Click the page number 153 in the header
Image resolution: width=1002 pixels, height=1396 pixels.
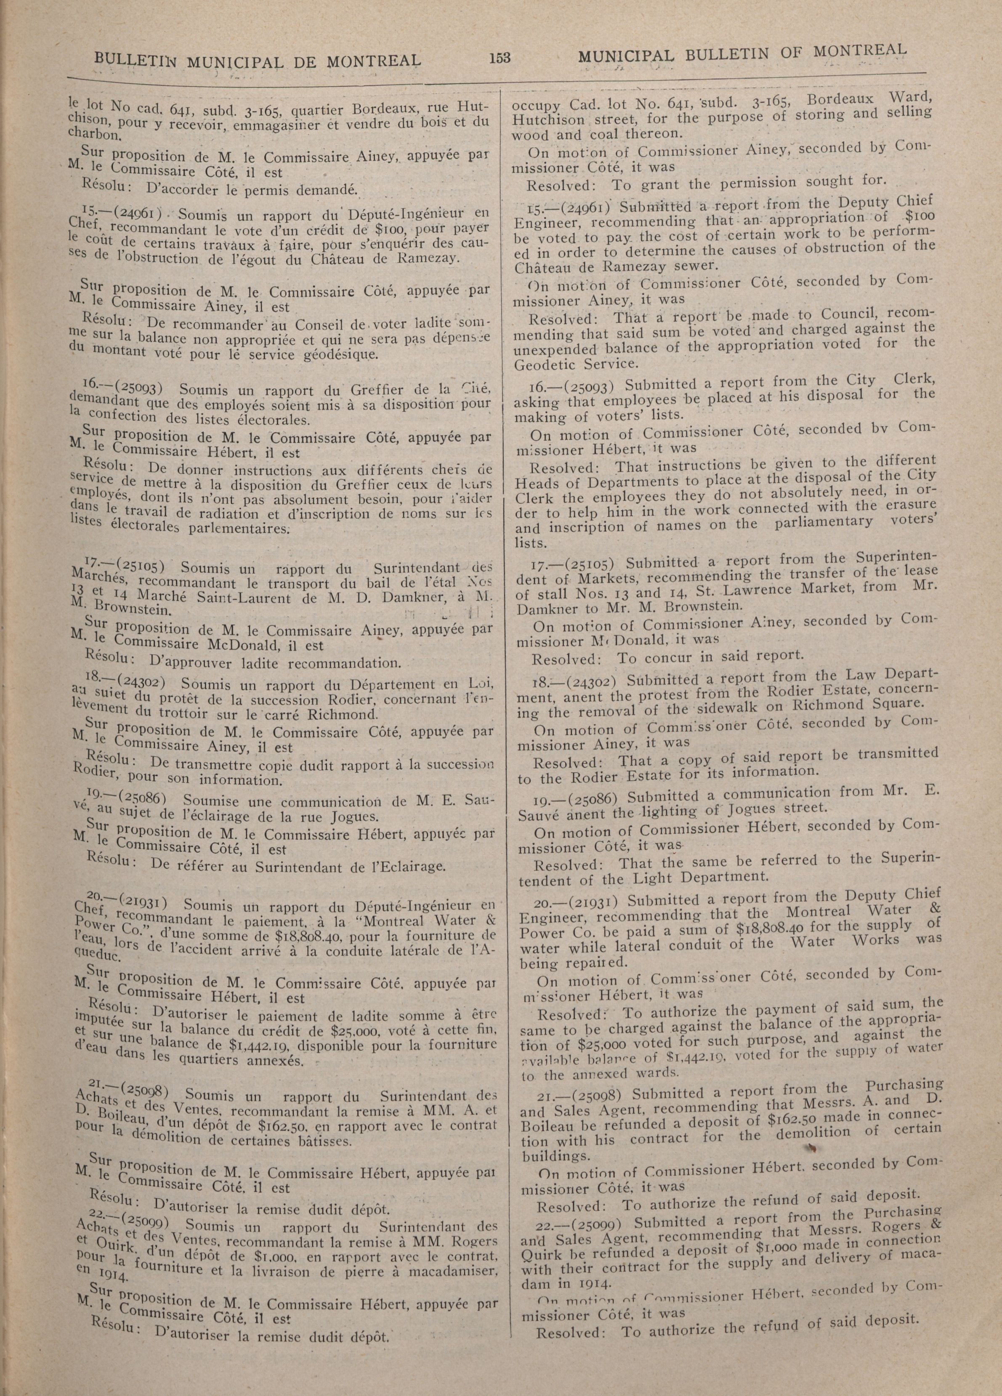tap(500, 58)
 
